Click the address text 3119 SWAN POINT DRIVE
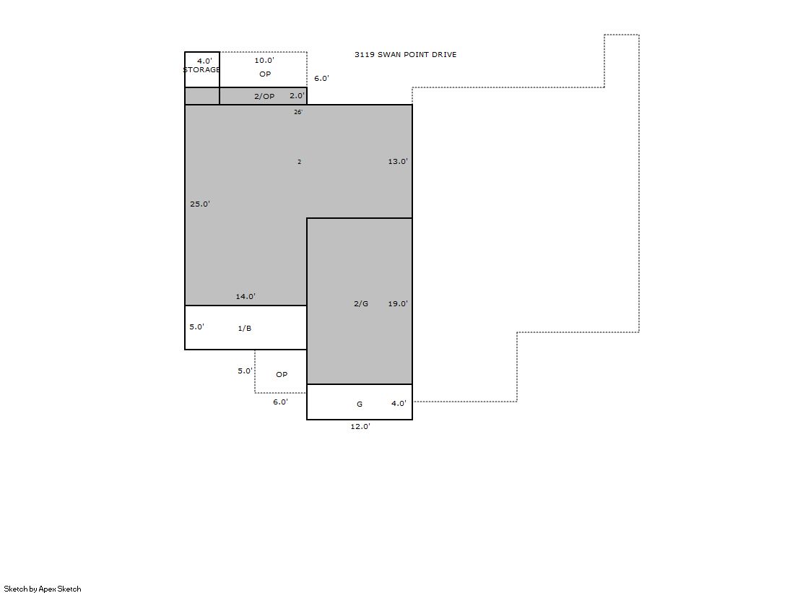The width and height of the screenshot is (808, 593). (x=406, y=55)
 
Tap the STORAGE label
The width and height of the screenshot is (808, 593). (x=202, y=69)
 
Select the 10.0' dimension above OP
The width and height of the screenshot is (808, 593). (x=264, y=61)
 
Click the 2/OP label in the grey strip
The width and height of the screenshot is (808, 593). (x=264, y=97)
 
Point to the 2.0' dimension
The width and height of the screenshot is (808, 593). (x=297, y=96)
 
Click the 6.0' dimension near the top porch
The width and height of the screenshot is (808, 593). (x=321, y=79)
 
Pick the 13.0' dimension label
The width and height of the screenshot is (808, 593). (x=398, y=161)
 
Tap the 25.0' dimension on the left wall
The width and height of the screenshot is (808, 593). (x=200, y=204)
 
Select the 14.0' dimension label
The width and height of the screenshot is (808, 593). (x=246, y=296)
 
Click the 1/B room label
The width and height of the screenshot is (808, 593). (x=245, y=329)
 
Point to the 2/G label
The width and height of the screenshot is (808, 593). (x=361, y=303)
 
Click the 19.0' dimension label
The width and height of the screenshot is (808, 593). (x=398, y=303)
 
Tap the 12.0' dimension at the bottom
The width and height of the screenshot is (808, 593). (x=360, y=426)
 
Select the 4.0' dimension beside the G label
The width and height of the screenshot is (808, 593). (x=399, y=403)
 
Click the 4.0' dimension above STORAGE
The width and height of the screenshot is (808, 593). (x=204, y=61)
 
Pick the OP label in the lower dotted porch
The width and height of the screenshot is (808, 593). (x=282, y=374)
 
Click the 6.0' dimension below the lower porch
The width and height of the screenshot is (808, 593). (x=281, y=402)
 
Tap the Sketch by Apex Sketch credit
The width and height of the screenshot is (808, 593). (x=43, y=589)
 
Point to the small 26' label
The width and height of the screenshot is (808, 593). (x=298, y=112)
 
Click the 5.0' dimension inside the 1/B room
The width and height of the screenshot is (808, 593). (x=197, y=327)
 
